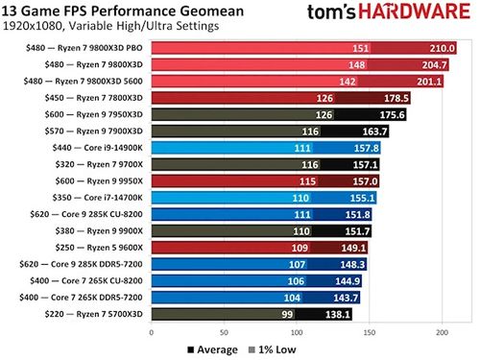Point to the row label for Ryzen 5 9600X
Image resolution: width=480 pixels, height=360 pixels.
pyautogui.click(x=101, y=247)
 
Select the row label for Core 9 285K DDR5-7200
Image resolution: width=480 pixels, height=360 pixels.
pyautogui.click(x=83, y=263)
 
